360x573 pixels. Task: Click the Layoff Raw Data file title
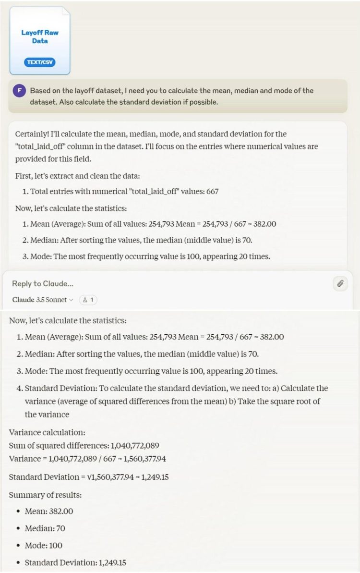(40, 37)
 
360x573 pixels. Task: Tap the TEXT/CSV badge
(40, 62)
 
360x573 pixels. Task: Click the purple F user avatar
(19, 91)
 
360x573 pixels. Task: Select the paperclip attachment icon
(340, 283)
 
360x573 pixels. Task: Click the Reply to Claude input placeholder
(43, 283)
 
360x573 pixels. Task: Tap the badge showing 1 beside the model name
(88, 300)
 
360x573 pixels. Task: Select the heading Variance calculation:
(47, 432)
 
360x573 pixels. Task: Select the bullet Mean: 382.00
(49, 511)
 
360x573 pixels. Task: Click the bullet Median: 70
(45, 528)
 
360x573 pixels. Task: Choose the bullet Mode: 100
(43, 545)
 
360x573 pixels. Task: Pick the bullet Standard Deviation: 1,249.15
(75, 562)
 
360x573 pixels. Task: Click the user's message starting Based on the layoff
(172, 95)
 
